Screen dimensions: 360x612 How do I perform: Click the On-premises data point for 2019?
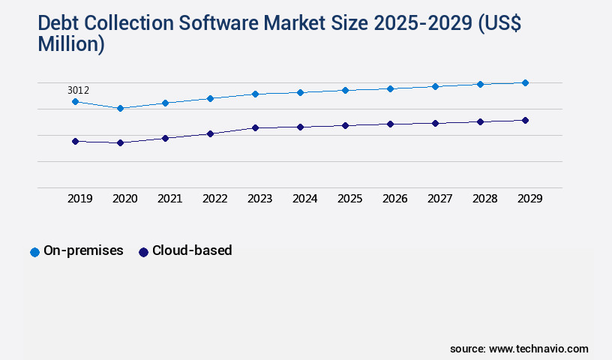pos(75,101)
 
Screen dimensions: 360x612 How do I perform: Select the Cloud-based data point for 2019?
pos(75,141)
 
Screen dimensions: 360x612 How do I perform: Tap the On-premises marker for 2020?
pos(120,108)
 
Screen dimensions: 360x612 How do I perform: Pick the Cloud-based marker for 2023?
pos(255,127)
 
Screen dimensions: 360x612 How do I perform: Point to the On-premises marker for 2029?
pos(525,82)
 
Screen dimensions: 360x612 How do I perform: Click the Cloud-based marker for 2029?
pos(525,120)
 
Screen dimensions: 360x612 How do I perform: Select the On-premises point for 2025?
pos(345,90)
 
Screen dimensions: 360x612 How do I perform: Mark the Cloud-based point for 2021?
pos(165,138)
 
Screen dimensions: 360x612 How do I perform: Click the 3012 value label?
pos(78,91)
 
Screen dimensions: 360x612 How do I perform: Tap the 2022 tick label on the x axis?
pos(214,199)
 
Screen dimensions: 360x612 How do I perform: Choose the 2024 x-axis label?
pos(304,199)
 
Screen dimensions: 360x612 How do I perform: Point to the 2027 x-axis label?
pos(439,199)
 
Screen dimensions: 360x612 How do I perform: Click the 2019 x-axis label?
pos(79,199)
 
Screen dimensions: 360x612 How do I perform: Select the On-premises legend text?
pos(83,250)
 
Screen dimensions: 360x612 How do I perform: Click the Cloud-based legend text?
pos(192,250)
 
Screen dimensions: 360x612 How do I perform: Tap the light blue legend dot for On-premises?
pos(34,252)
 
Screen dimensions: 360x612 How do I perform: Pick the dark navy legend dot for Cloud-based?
pos(143,252)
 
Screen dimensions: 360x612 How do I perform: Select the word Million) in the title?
pos(71,44)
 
